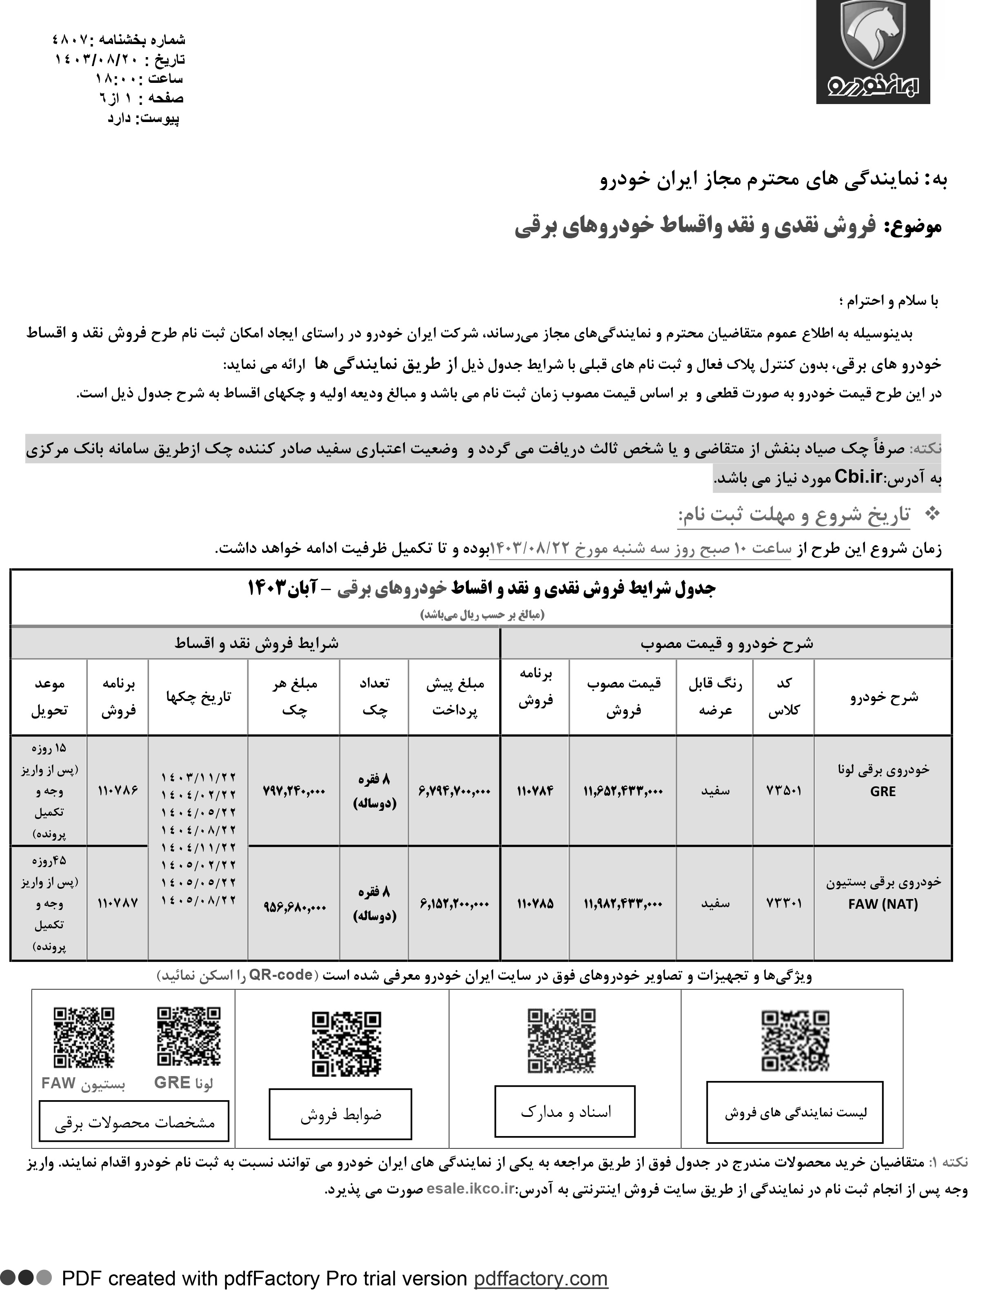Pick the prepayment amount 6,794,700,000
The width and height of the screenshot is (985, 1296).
pos(454,791)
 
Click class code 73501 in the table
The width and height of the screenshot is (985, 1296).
pos(783,791)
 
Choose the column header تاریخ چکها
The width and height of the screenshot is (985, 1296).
pos(198,697)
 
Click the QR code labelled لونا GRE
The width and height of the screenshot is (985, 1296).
pos(188,1036)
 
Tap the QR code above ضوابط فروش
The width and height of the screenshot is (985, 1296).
pos(346,1044)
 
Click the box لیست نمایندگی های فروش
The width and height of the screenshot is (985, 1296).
pos(794,1112)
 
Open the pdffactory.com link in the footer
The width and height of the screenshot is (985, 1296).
pos(540,1278)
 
